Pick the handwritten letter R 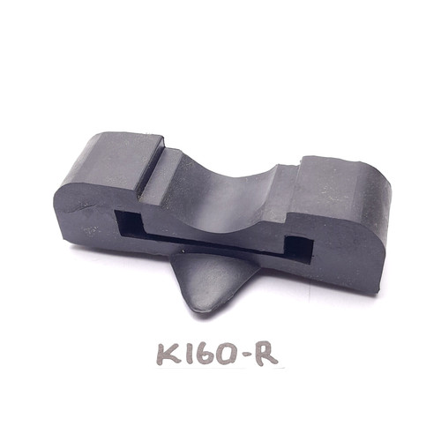(265, 354)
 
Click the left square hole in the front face (129, 225)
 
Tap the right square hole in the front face (300, 249)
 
